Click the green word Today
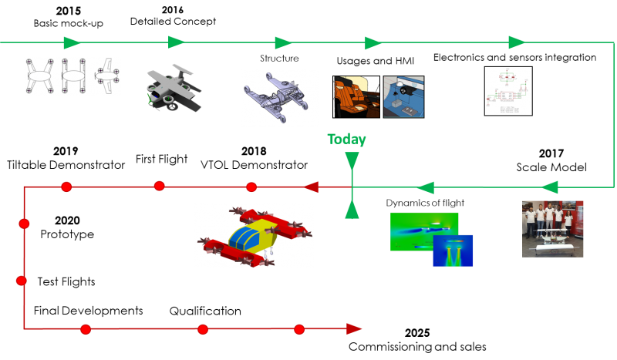[x=346, y=140]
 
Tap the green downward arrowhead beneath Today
[x=352, y=160]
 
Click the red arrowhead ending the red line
[x=354, y=329]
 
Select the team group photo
[x=552, y=228]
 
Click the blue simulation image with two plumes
[x=453, y=251]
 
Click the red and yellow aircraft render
[x=254, y=235]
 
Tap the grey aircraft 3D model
[x=174, y=89]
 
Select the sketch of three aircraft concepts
[x=72, y=76]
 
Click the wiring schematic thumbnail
[x=508, y=91]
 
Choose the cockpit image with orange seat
[x=356, y=96]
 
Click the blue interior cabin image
[x=403, y=96]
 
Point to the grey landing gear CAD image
[x=280, y=98]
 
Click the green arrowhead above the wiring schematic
[x=517, y=42]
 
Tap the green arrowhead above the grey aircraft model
[x=177, y=42]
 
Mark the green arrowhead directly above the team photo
[x=549, y=187]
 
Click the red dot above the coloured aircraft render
[x=251, y=187]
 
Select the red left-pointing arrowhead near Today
[x=311, y=187]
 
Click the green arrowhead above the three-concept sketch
[x=72, y=42]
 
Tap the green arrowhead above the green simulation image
[x=424, y=187]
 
